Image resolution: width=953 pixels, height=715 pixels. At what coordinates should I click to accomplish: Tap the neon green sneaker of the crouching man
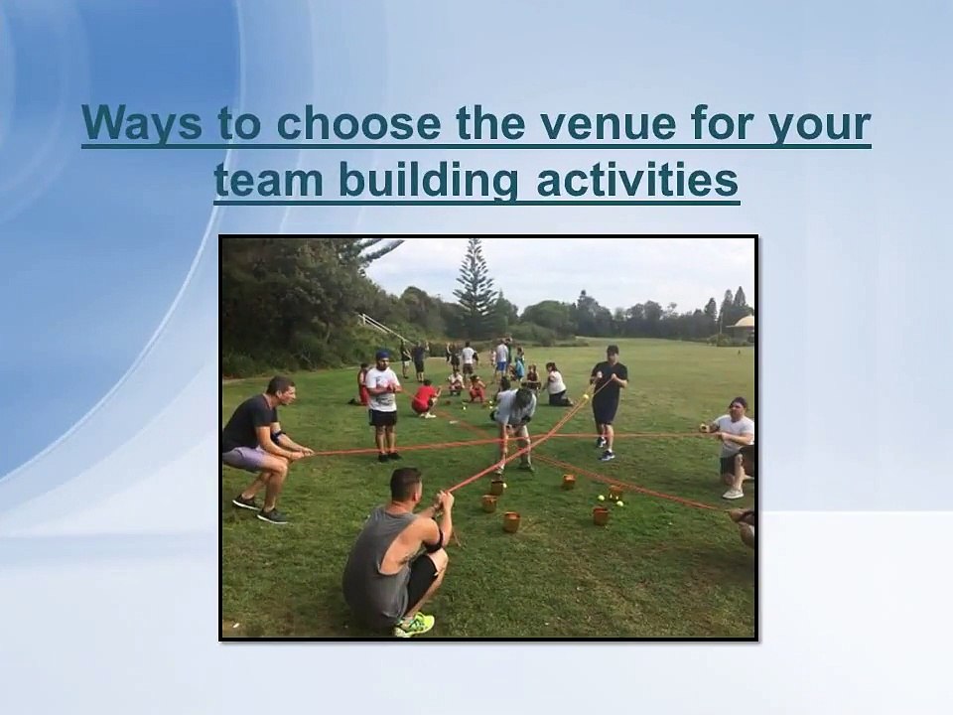click(x=415, y=625)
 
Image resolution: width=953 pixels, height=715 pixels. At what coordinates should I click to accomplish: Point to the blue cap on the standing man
click(x=383, y=355)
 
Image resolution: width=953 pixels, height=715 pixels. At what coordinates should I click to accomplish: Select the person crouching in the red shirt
click(x=425, y=397)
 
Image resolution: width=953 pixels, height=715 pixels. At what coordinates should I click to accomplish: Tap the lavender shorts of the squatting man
click(x=245, y=458)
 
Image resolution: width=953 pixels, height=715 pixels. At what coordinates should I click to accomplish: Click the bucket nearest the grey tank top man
click(x=489, y=502)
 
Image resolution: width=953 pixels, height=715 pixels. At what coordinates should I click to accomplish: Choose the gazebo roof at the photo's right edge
click(x=743, y=324)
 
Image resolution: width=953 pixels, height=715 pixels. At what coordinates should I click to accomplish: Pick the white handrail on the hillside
click(x=371, y=324)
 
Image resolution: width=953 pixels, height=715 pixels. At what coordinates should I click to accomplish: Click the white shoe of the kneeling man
click(x=733, y=493)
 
